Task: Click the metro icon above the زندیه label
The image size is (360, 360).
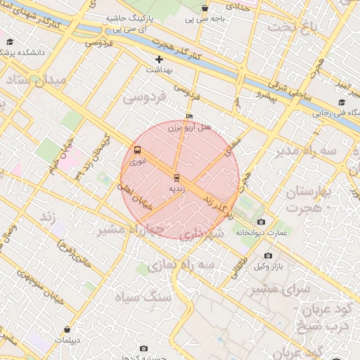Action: coord(176,177)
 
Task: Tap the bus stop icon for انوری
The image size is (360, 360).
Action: coord(137,150)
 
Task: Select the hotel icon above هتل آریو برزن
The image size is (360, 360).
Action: coord(188,117)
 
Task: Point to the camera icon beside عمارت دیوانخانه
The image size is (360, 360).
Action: coord(262,222)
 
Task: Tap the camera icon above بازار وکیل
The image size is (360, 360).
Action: coord(268,256)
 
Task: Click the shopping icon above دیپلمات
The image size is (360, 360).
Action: coord(67,329)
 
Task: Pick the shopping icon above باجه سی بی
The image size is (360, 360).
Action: coord(205,8)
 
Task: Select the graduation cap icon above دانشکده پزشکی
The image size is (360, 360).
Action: coord(10,42)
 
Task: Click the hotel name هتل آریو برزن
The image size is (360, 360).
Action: coord(189,128)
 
